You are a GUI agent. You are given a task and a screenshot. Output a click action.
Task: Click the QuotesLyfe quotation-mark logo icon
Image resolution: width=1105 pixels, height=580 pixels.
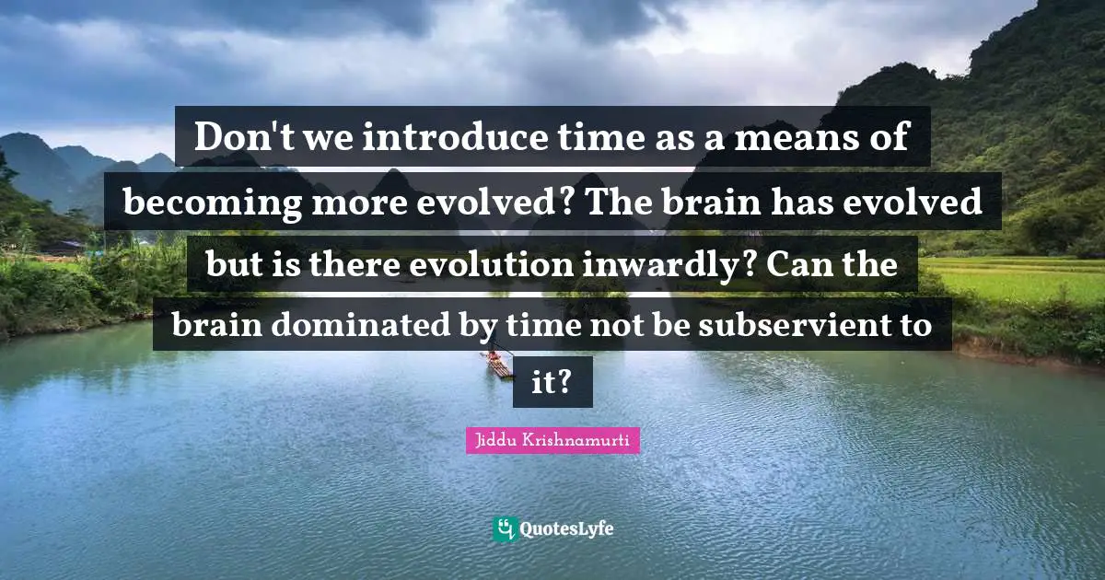pos(505,528)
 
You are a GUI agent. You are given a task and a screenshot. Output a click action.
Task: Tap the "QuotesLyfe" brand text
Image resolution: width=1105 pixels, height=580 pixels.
pos(566,529)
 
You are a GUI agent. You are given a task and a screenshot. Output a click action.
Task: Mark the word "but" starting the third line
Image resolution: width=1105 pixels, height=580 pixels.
pos(230,265)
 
